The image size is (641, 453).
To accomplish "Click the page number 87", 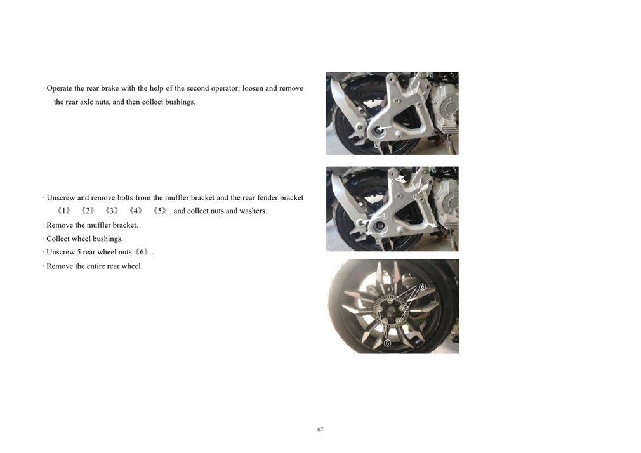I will point(320,430).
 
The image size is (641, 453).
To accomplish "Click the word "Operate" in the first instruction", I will point(60,88).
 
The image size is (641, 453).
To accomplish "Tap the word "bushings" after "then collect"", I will point(180,102).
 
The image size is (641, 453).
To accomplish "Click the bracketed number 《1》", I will point(63,211).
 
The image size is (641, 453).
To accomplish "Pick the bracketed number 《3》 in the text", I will point(112,211).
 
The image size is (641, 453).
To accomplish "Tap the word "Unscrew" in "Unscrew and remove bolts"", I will point(61,197).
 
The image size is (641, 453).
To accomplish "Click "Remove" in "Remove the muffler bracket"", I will point(60,225).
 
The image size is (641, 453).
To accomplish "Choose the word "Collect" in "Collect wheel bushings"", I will point(58,239).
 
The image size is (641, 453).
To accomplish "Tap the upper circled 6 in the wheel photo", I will point(422,287).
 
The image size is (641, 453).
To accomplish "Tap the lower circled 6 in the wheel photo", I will point(388,343).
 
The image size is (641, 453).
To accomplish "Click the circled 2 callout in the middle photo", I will point(416,197).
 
